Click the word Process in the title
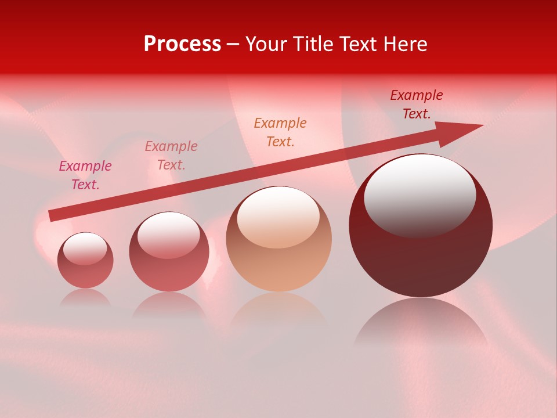pos(182,44)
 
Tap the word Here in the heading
pos(404,44)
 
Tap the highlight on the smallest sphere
pos(85,248)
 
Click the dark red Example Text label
pos(417,105)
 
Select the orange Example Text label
pos(280,132)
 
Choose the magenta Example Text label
pos(85,175)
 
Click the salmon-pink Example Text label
pos(171,156)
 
